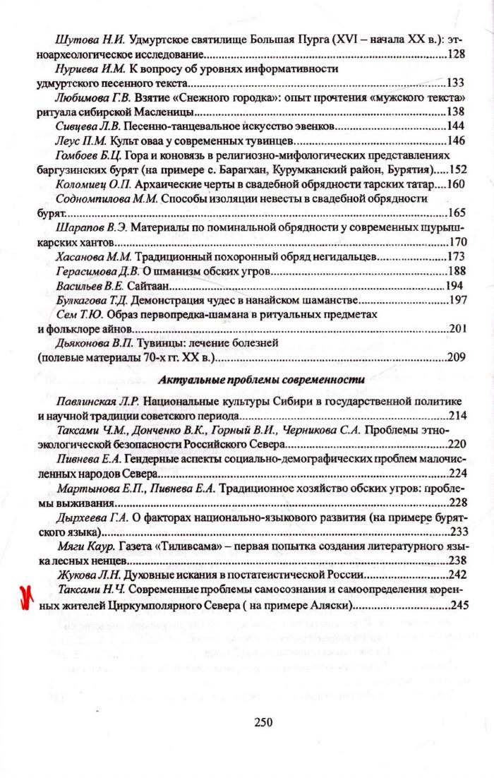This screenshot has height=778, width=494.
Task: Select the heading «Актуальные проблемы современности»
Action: [x=261, y=380]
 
